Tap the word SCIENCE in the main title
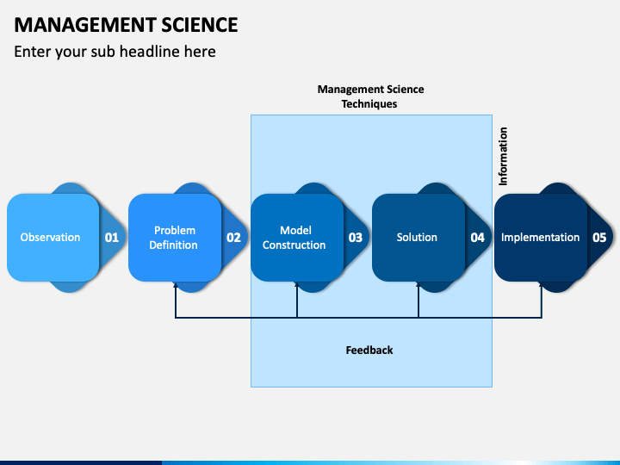pyautogui.click(x=200, y=25)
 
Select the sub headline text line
pyautogui.click(x=115, y=52)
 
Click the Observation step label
pyautogui.click(x=50, y=238)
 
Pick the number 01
pyautogui.click(x=111, y=238)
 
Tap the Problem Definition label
pyautogui.click(x=174, y=238)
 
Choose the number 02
pyautogui.click(x=233, y=238)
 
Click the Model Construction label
pyautogui.click(x=294, y=238)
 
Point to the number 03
pyautogui.click(x=356, y=238)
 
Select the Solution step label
pyautogui.click(x=417, y=238)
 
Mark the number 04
pyautogui.click(x=477, y=238)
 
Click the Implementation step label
pyautogui.click(x=540, y=238)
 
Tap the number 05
pyautogui.click(x=599, y=238)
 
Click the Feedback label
pyautogui.click(x=369, y=350)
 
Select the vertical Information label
pyautogui.click(x=503, y=156)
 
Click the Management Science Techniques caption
pyautogui.click(x=370, y=96)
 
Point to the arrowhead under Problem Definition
pyautogui.click(x=176, y=284)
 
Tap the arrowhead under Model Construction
pyautogui.click(x=297, y=284)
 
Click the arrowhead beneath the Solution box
pyautogui.click(x=418, y=284)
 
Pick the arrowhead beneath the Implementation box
pyautogui.click(x=542, y=284)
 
